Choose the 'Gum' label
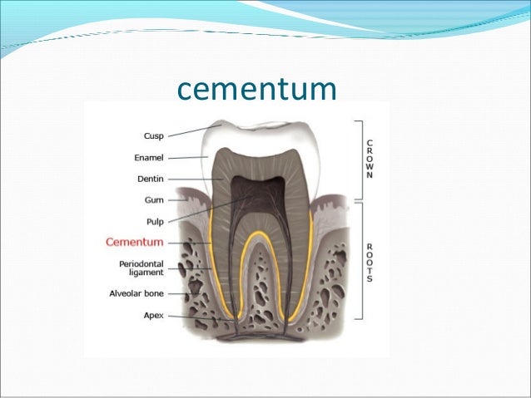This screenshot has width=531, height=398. [153, 199]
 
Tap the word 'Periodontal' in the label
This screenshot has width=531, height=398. [141, 264]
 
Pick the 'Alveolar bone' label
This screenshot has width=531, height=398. [136, 293]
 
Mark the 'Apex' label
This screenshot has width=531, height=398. [152, 316]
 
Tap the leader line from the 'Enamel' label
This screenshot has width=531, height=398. [186, 156]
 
